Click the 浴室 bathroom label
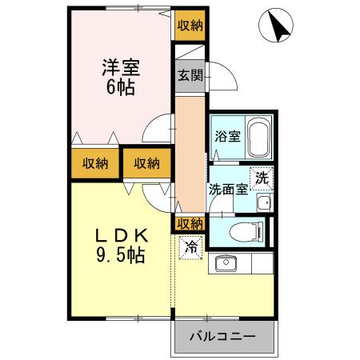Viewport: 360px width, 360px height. tap(226, 136)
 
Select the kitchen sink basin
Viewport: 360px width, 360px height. tap(224, 262)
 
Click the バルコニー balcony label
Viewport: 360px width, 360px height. tap(222, 336)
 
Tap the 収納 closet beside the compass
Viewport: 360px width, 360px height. tap(189, 26)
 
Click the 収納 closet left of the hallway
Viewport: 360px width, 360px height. tap(146, 163)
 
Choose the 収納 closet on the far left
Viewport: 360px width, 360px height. tap(94, 163)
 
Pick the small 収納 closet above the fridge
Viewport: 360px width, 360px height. tap(189, 223)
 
